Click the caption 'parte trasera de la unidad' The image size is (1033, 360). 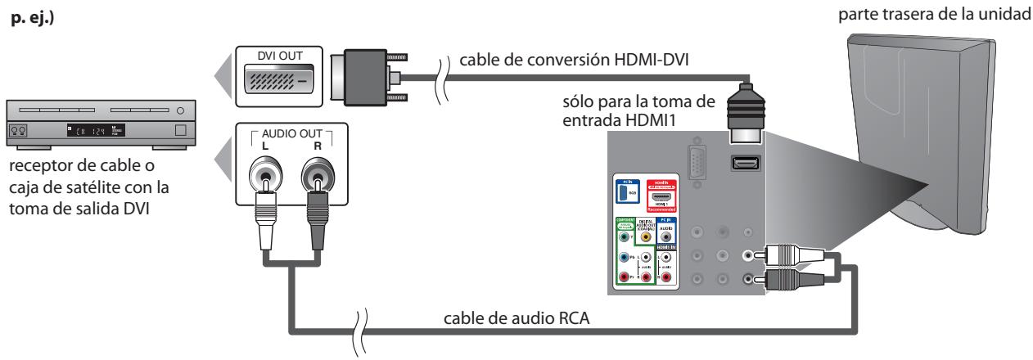(939, 10)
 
